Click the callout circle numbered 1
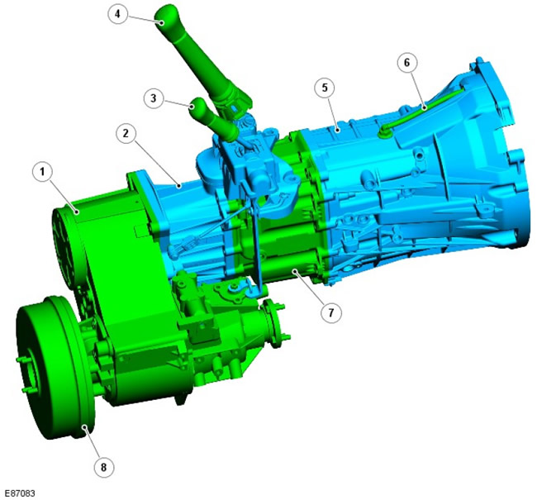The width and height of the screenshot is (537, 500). [x=42, y=172]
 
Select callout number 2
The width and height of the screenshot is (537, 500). [x=126, y=133]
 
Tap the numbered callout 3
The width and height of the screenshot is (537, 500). [x=154, y=98]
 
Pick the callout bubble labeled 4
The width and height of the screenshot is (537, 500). [x=117, y=14]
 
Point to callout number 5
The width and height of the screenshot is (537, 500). [x=325, y=88]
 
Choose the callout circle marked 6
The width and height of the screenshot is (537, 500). [x=406, y=63]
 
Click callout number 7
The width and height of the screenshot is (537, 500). [x=330, y=312]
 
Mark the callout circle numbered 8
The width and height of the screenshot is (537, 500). [x=103, y=467]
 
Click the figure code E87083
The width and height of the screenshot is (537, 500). [x=21, y=493]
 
